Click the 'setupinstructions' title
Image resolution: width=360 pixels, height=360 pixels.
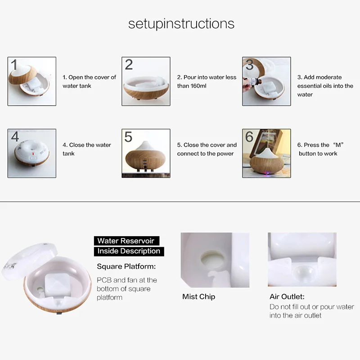click(x=181, y=23)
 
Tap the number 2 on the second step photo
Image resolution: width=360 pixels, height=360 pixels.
click(x=129, y=64)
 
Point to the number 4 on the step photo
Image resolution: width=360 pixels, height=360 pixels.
click(x=15, y=136)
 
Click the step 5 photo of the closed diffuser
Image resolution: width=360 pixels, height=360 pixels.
click(x=146, y=153)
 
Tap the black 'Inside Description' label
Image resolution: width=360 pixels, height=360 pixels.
click(x=129, y=251)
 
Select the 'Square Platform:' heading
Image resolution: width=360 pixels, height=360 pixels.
click(x=126, y=266)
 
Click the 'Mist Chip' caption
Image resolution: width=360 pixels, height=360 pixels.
click(x=198, y=297)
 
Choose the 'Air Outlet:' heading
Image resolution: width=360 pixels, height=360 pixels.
click(x=287, y=297)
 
